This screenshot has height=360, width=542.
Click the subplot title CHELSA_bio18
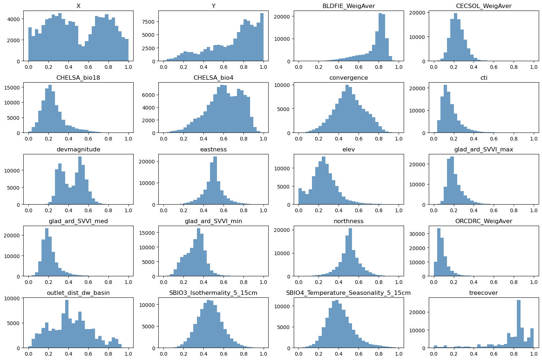(x=78, y=78)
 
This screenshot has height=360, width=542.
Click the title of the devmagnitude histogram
(x=78, y=150)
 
